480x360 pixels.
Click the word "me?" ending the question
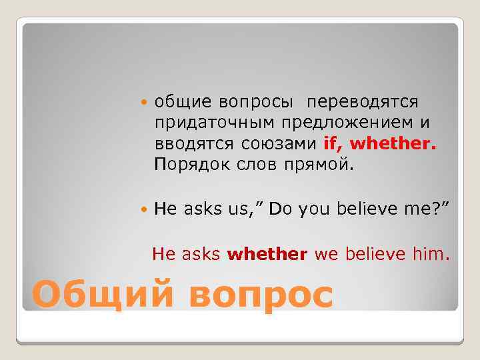(424, 210)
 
